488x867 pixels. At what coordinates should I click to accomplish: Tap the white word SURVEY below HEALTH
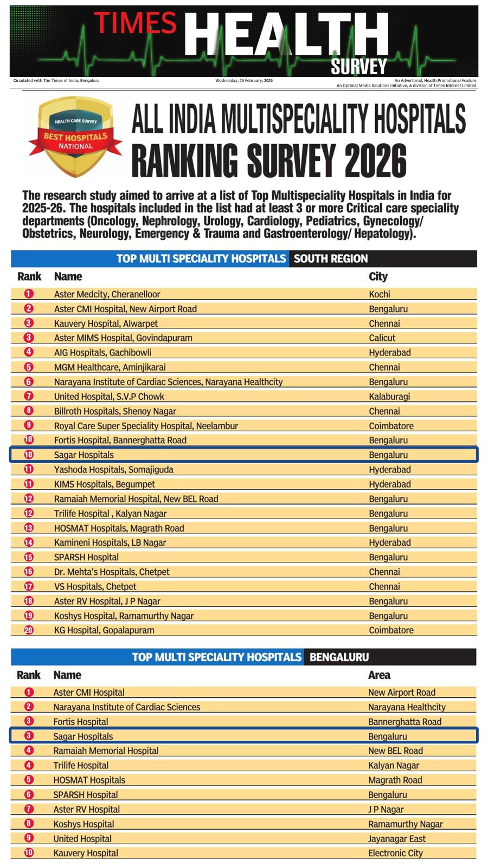click(358, 67)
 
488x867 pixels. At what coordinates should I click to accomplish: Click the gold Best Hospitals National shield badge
click(75, 137)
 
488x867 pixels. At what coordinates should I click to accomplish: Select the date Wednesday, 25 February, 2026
click(244, 81)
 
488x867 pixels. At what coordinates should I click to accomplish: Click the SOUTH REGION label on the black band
click(331, 259)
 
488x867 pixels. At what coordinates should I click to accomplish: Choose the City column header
click(378, 277)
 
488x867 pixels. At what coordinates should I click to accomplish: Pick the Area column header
click(379, 675)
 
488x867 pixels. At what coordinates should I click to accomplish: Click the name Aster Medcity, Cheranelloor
click(107, 294)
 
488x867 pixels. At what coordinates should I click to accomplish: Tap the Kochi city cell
click(380, 294)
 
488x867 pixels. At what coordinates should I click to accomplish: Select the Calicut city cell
click(382, 338)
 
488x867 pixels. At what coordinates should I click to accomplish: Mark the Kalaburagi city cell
click(389, 397)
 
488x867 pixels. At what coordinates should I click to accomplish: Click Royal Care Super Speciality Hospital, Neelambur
click(146, 426)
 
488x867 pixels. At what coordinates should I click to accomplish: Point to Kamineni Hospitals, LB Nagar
click(110, 542)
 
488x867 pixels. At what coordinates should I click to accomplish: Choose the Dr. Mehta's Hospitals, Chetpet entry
click(112, 572)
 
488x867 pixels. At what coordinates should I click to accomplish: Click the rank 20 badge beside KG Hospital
click(29, 630)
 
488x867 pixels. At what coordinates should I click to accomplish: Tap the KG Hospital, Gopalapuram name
click(104, 630)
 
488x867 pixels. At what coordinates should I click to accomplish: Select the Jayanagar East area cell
click(397, 839)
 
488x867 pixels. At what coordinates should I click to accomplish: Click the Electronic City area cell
click(395, 853)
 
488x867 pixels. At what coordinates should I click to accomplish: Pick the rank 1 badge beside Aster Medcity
click(29, 294)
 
